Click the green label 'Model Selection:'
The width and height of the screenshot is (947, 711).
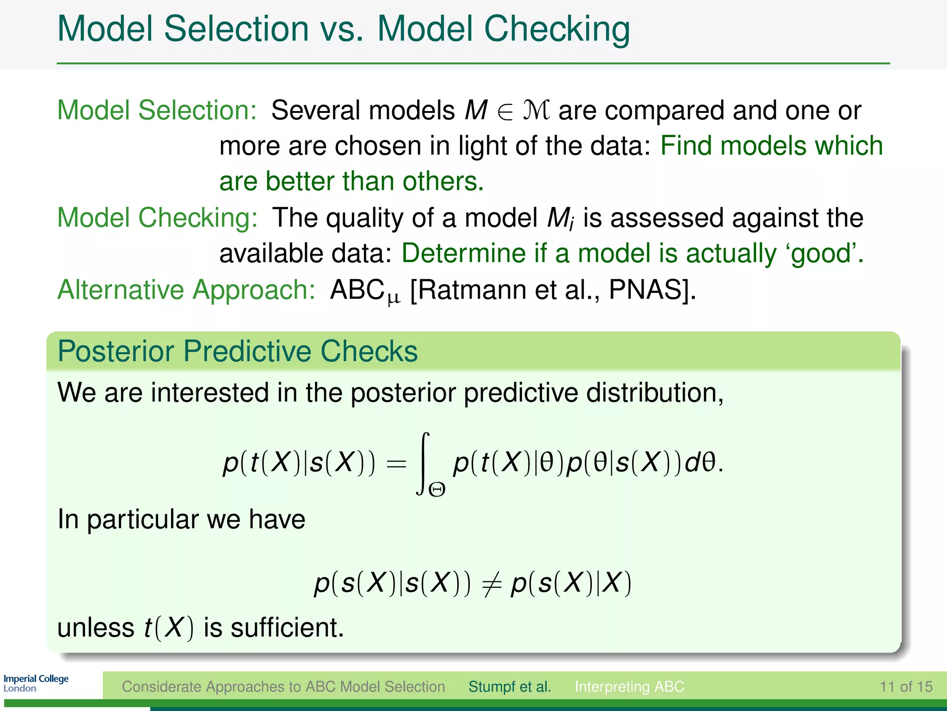tap(157, 111)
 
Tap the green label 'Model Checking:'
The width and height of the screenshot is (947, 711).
tap(157, 218)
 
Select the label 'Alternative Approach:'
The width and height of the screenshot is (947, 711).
tap(186, 290)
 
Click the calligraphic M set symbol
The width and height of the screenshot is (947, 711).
tap(536, 111)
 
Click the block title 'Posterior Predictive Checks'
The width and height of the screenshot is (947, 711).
tap(237, 351)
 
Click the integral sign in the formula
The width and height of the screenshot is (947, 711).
tap(423, 463)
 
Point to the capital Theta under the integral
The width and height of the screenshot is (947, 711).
tap(437, 490)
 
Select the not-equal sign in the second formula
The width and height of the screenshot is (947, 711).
tap(491, 584)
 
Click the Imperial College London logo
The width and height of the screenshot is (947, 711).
tap(36, 683)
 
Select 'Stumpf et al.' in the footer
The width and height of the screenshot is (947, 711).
tap(510, 686)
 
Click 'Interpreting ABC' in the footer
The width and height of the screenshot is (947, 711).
tap(629, 686)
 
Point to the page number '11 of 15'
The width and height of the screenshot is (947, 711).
tap(906, 686)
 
